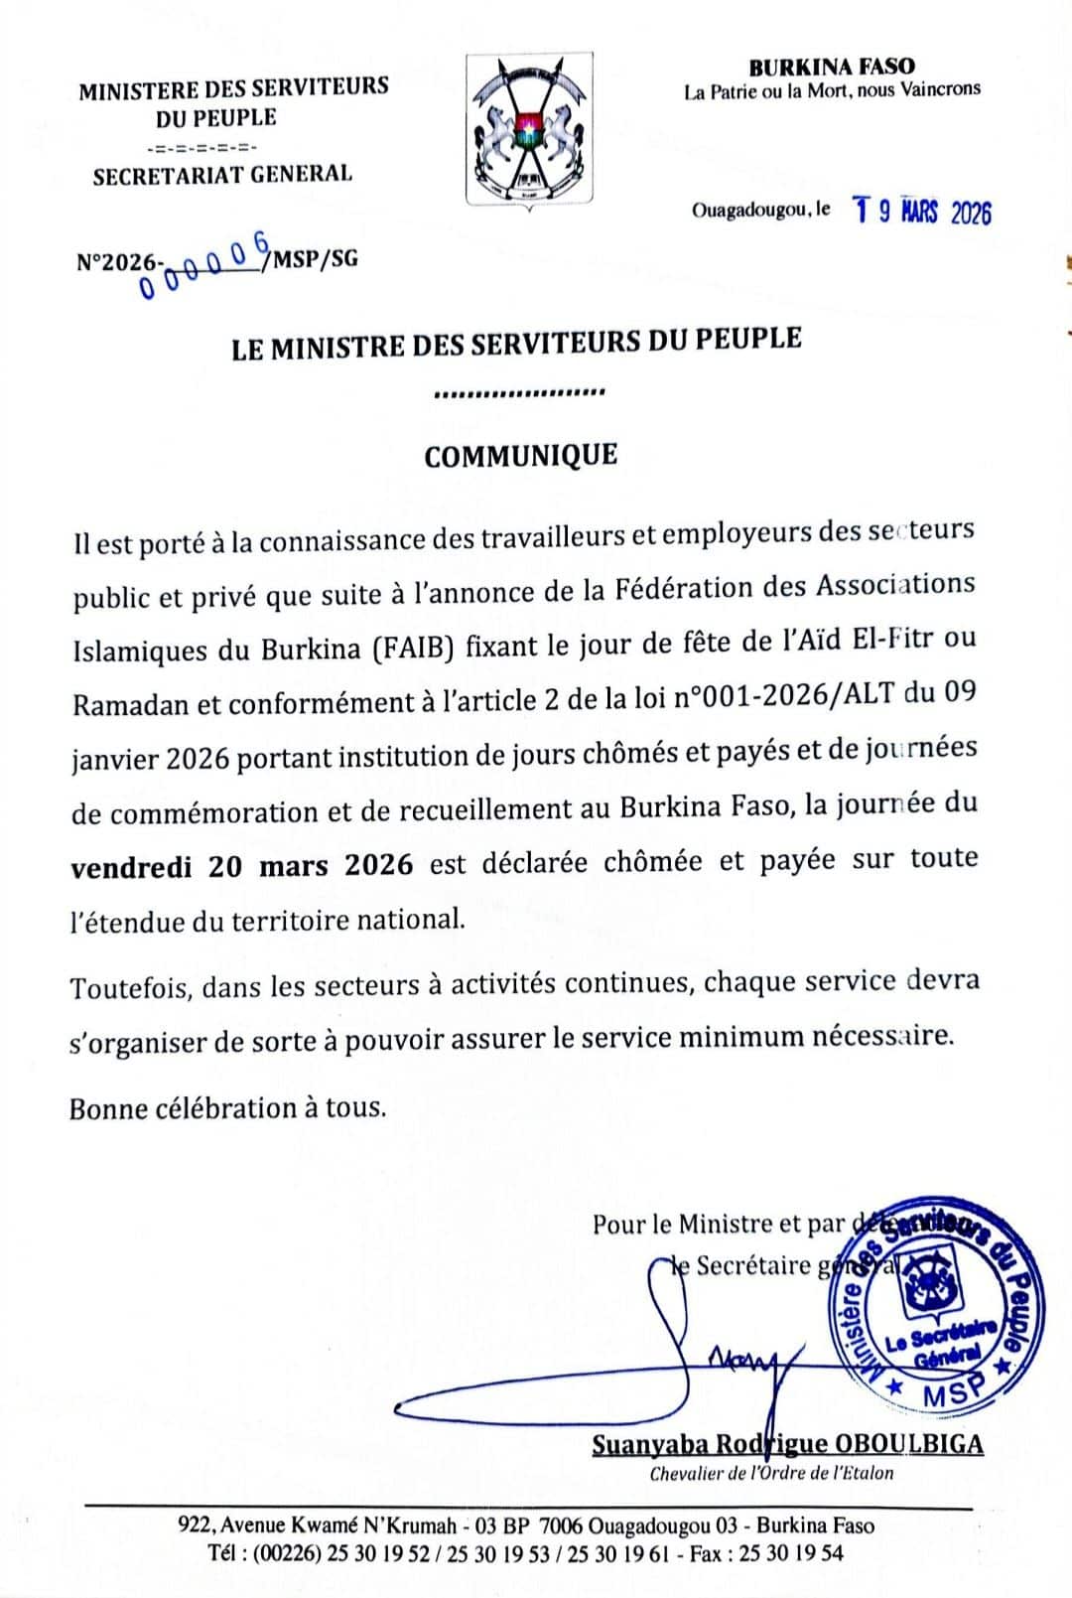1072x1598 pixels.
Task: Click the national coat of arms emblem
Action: (530, 129)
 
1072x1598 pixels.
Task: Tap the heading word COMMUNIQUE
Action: (520, 456)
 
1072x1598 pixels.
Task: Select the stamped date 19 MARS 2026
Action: (922, 212)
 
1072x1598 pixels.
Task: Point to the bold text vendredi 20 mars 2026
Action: (242, 865)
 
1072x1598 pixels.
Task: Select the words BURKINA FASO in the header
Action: (831, 67)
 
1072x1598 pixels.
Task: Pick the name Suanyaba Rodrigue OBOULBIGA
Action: (787, 1443)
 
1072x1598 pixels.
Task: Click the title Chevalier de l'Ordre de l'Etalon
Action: (771, 1474)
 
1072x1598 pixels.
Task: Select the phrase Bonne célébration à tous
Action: (227, 1107)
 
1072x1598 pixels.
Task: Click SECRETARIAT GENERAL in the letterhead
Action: (222, 176)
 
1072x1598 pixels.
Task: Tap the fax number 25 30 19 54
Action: (794, 1553)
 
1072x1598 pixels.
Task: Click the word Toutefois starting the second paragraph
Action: (130, 987)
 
